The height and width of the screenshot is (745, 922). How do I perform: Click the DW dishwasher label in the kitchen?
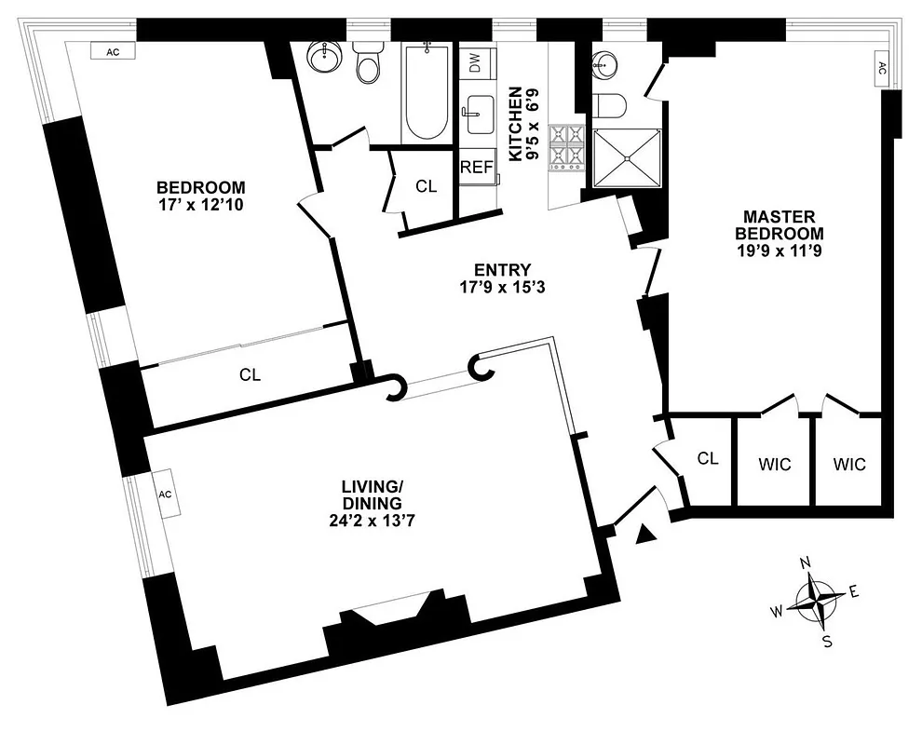click(475, 63)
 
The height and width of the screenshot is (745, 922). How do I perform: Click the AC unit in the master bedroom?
click(880, 68)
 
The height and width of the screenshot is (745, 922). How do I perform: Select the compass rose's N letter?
click(807, 562)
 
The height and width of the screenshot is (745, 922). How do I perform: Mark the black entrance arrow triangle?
click(644, 534)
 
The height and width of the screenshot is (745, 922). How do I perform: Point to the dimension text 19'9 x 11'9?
click(780, 250)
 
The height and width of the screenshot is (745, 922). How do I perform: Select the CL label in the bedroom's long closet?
click(250, 375)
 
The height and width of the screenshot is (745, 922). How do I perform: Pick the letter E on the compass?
click(853, 591)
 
